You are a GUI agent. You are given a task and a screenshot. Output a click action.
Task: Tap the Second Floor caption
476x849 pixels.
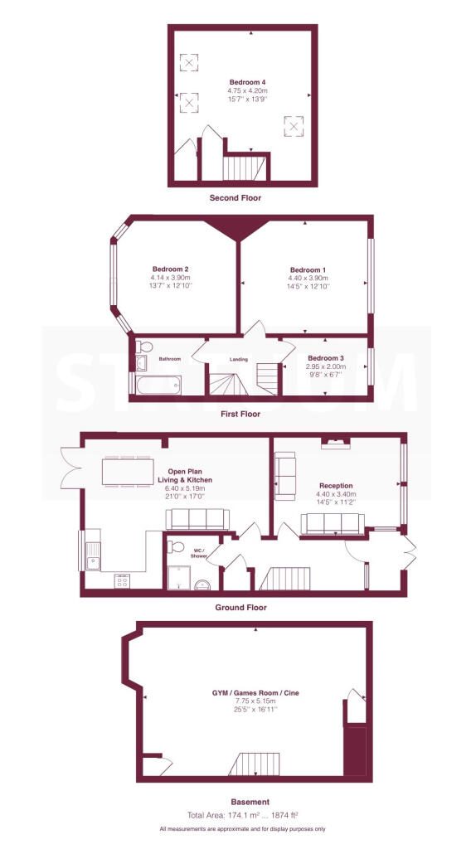point(235,198)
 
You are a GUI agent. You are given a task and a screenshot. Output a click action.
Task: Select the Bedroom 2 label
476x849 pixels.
point(170,269)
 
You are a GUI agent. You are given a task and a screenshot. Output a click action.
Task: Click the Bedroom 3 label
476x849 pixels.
point(325,358)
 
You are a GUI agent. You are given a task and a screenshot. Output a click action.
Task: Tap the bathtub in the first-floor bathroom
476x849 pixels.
point(158,385)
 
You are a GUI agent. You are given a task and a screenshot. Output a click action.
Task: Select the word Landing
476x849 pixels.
point(239,360)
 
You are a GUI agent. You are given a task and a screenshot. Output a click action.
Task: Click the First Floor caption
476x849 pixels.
point(240,415)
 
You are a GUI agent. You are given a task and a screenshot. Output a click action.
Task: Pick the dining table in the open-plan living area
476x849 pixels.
point(127,472)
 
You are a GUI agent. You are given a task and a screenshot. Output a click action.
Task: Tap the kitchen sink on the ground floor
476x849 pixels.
point(93,556)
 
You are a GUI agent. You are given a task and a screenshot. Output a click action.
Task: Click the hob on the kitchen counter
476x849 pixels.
point(122,580)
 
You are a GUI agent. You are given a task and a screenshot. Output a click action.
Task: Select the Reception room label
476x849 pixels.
point(336,486)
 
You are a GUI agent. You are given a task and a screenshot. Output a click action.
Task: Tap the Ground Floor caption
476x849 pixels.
point(241,608)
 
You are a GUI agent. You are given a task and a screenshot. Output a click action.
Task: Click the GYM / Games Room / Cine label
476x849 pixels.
point(255,692)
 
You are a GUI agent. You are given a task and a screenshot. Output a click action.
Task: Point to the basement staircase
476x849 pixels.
point(254,764)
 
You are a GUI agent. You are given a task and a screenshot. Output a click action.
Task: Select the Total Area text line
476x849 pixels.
point(243,814)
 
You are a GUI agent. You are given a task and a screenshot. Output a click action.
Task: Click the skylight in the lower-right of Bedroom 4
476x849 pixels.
point(293,126)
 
